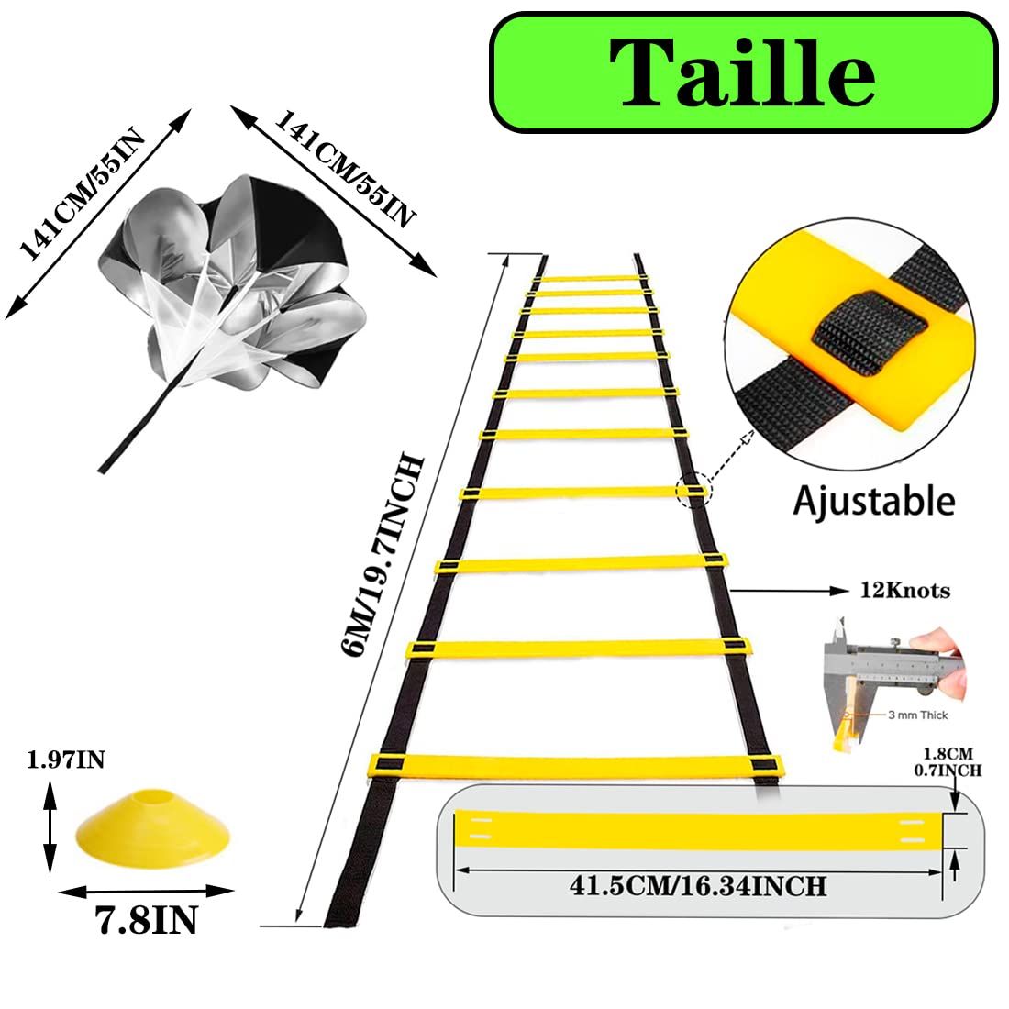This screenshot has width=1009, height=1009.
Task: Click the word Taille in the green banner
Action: tap(742, 72)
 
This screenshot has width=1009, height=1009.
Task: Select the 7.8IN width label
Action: tap(146, 920)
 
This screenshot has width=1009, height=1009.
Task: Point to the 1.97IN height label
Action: tap(66, 760)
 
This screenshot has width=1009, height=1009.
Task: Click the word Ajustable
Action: tap(874, 501)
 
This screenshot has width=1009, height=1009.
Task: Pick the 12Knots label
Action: tap(904, 590)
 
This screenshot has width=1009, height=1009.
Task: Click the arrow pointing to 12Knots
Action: tap(789, 590)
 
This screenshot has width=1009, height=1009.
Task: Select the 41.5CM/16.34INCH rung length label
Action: tap(697, 886)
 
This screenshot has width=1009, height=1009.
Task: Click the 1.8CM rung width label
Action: tap(948, 753)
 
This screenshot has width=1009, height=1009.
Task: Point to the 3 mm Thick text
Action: tap(917, 715)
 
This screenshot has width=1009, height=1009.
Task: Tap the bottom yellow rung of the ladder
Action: tap(576, 764)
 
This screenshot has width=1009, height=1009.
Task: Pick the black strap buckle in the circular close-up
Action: tap(869, 335)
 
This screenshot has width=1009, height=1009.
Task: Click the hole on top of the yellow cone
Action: tap(153, 798)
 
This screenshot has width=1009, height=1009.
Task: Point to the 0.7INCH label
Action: tap(948, 770)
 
